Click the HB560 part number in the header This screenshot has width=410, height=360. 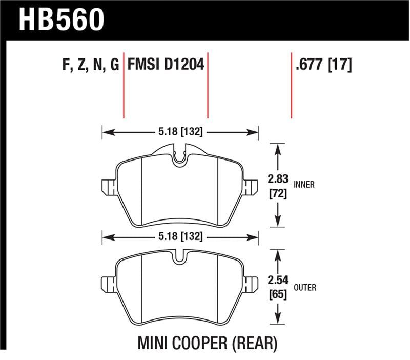62,19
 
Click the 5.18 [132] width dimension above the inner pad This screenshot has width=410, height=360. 179,132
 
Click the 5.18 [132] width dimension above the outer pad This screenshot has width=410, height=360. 179,237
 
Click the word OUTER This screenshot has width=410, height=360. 305,288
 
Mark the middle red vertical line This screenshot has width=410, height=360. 208,85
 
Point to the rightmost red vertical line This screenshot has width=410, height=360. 292,85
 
